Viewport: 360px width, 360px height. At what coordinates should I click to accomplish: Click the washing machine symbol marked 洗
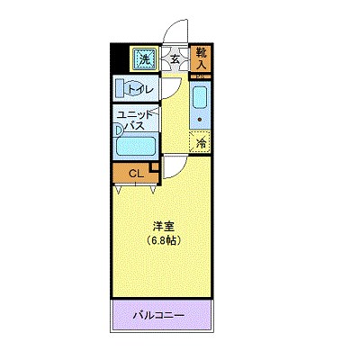(x=144, y=59)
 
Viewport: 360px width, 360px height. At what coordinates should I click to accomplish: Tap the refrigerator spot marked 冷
(x=202, y=141)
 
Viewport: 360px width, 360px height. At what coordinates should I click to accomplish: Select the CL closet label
(x=134, y=173)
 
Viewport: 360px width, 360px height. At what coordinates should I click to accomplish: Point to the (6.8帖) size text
(x=163, y=241)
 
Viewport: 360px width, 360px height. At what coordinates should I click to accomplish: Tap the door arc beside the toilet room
(x=171, y=90)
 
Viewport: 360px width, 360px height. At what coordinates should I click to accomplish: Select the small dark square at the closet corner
(x=155, y=165)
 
